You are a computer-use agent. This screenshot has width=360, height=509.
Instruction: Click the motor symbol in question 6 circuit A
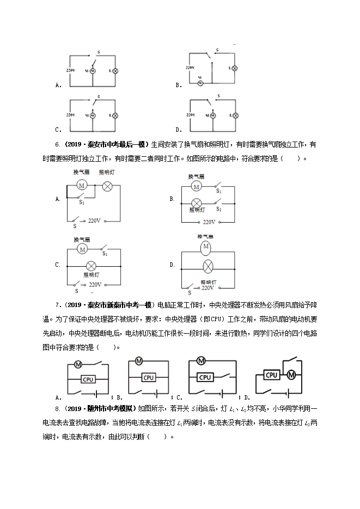point(82,186)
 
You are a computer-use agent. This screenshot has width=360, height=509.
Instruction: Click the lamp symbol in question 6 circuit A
point(107,186)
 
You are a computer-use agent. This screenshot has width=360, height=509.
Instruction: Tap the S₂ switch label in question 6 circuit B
point(218,208)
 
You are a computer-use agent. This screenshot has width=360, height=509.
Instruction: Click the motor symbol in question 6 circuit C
point(82,249)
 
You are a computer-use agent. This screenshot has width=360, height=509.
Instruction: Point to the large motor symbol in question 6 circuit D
point(206,248)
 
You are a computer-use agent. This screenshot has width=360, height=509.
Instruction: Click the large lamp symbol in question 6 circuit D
point(206,267)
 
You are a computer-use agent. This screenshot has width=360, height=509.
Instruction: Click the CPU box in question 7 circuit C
point(205,377)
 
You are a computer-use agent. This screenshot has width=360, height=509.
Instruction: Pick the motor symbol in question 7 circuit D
point(291,375)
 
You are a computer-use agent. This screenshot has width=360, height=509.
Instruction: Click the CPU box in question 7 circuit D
point(272,375)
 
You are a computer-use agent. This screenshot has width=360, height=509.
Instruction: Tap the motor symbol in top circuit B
point(200,83)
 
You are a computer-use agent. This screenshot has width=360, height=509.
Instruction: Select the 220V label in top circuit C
point(69,115)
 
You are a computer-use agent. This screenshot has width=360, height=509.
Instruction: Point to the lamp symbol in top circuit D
point(235,116)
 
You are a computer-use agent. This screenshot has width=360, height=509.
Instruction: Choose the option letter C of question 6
point(57,265)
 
